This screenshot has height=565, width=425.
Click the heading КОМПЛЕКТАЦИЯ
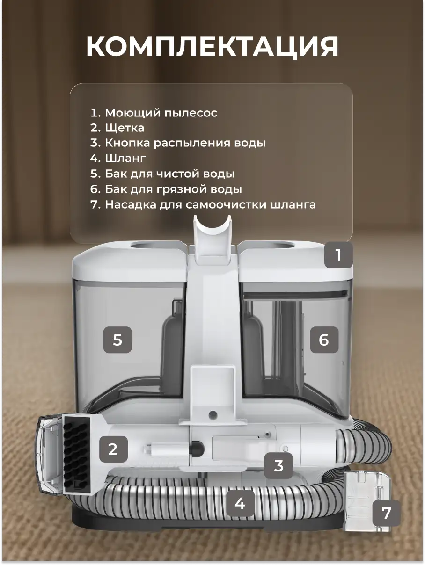(x=212, y=47)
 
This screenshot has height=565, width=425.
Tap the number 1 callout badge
(x=338, y=255)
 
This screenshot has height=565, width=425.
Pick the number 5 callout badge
(x=117, y=340)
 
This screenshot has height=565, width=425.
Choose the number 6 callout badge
(x=324, y=340)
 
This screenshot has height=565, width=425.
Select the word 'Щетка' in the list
(x=125, y=128)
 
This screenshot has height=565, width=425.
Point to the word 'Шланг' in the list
(x=125, y=158)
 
